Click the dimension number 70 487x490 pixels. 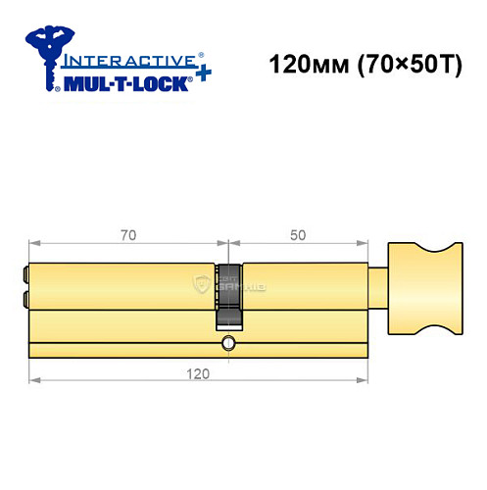128,235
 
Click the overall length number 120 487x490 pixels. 201,373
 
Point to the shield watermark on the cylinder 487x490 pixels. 202,285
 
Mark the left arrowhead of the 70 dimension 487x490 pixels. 33,241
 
